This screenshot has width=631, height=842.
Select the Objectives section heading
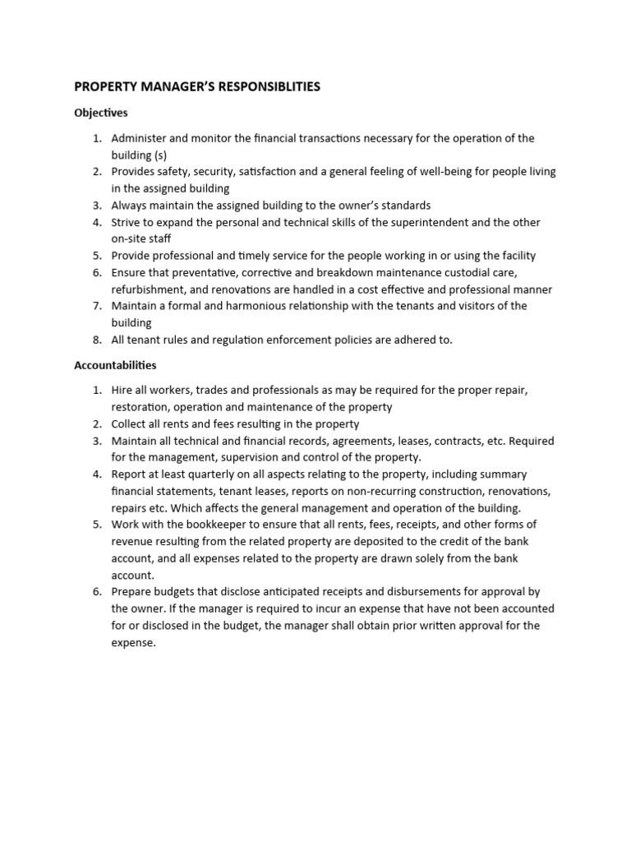pyautogui.click(x=101, y=113)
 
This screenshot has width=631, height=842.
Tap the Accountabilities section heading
pyautogui.click(x=115, y=364)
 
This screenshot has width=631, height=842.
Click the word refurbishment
pyautogui.click(x=150, y=289)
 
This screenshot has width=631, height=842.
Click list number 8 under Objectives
pyautogui.click(x=96, y=340)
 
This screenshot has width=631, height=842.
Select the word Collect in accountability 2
pyautogui.click(x=130, y=423)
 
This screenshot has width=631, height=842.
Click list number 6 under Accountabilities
pyautogui.click(x=96, y=592)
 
